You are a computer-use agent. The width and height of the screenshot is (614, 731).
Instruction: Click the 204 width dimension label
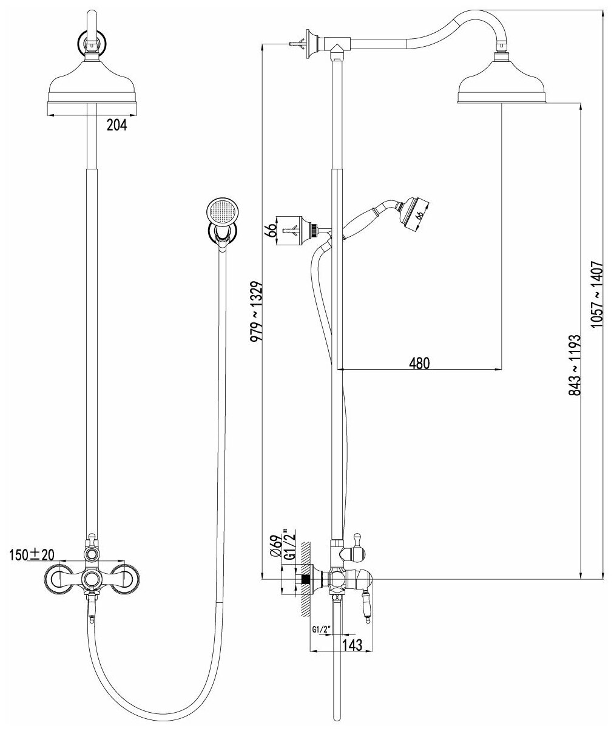pyautogui.click(x=116, y=126)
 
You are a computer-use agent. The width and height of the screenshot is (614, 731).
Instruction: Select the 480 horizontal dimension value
pyautogui.click(x=419, y=362)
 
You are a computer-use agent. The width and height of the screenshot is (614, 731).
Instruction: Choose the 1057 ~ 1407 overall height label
pyautogui.click(x=598, y=294)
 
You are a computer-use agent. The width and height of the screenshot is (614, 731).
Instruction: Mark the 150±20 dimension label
pyautogui.click(x=32, y=554)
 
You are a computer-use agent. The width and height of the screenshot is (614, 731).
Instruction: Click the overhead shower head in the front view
pyautogui.click(x=91, y=85)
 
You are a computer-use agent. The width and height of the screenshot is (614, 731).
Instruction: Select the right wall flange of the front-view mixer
pyautogui.click(x=126, y=578)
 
